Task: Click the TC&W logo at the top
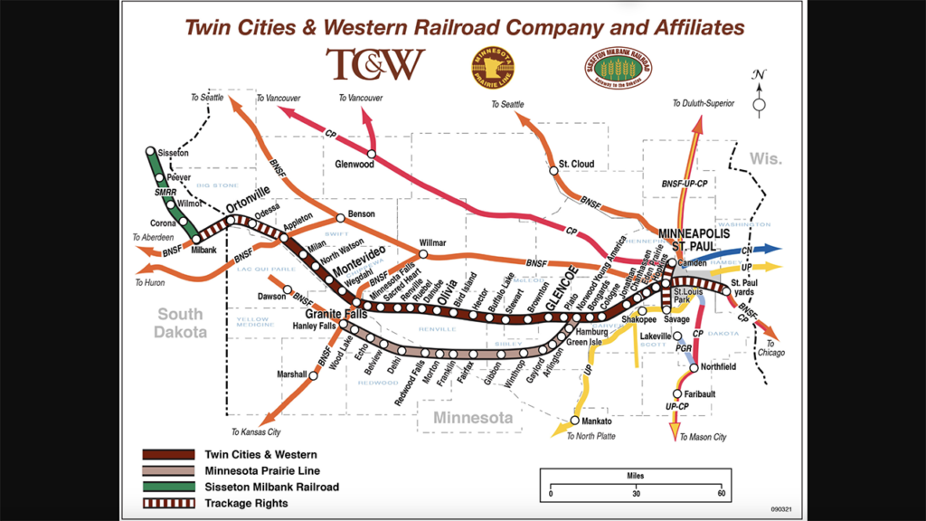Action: (376, 64)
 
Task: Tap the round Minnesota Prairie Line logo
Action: (494, 69)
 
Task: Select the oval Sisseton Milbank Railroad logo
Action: (618, 68)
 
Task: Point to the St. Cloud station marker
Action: (552, 169)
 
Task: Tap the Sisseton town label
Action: (174, 153)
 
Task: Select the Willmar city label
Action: (435, 243)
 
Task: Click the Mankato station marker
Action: (575, 421)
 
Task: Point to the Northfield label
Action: (718, 366)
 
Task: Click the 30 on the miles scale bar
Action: (636, 494)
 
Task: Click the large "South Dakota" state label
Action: (180, 323)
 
